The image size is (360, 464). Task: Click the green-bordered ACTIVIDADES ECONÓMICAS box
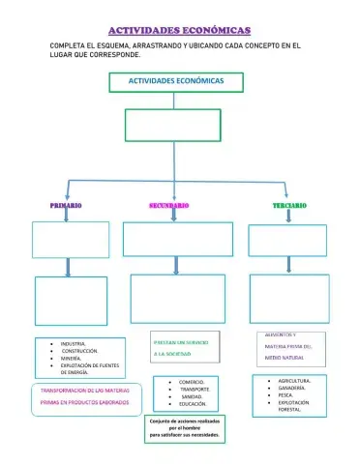[x=175, y=81]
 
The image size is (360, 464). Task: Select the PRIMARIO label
[x=66, y=206]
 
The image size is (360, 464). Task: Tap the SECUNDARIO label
[x=168, y=206]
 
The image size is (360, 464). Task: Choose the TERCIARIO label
[x=288, y=206]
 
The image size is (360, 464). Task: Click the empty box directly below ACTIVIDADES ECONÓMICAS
[x=173, y=124]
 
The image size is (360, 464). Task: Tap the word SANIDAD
[x=191, y=396]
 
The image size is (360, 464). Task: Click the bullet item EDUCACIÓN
[x=193, y=404]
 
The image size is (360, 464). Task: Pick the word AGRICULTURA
[x=293, y=381]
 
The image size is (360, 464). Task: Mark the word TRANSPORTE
[x=194, y=389]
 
